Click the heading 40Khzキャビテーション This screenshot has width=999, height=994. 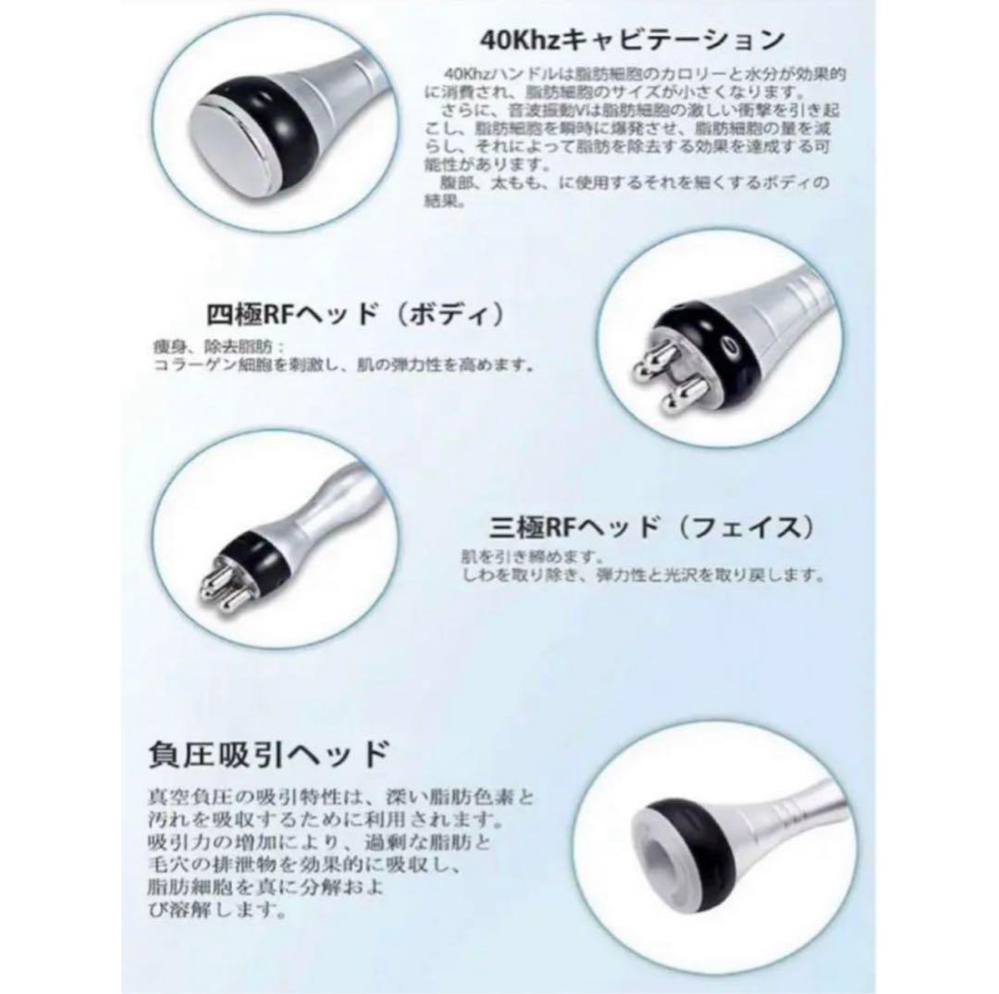633,41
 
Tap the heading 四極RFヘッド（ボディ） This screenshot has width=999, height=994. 355,315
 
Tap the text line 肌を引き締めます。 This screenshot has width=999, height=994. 520,558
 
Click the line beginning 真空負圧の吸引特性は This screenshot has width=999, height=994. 341,797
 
